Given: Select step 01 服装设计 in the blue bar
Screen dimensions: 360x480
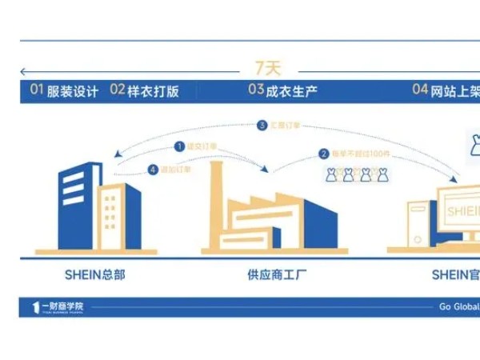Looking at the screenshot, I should point(65,90).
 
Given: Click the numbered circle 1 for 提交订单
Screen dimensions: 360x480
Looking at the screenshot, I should point(179,146).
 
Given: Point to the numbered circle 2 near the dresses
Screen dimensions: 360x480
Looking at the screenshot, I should point(324,154).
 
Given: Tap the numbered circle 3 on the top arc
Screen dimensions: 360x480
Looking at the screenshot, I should point(262,126).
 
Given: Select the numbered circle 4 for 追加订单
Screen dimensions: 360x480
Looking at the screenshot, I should point(153,170).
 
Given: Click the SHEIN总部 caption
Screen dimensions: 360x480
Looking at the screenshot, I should point(94,274).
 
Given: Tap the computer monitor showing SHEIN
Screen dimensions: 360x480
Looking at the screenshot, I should point(459,210).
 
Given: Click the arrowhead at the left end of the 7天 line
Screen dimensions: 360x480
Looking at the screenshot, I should point(24,70).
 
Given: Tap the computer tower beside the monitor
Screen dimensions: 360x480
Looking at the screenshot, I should point(418,223).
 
